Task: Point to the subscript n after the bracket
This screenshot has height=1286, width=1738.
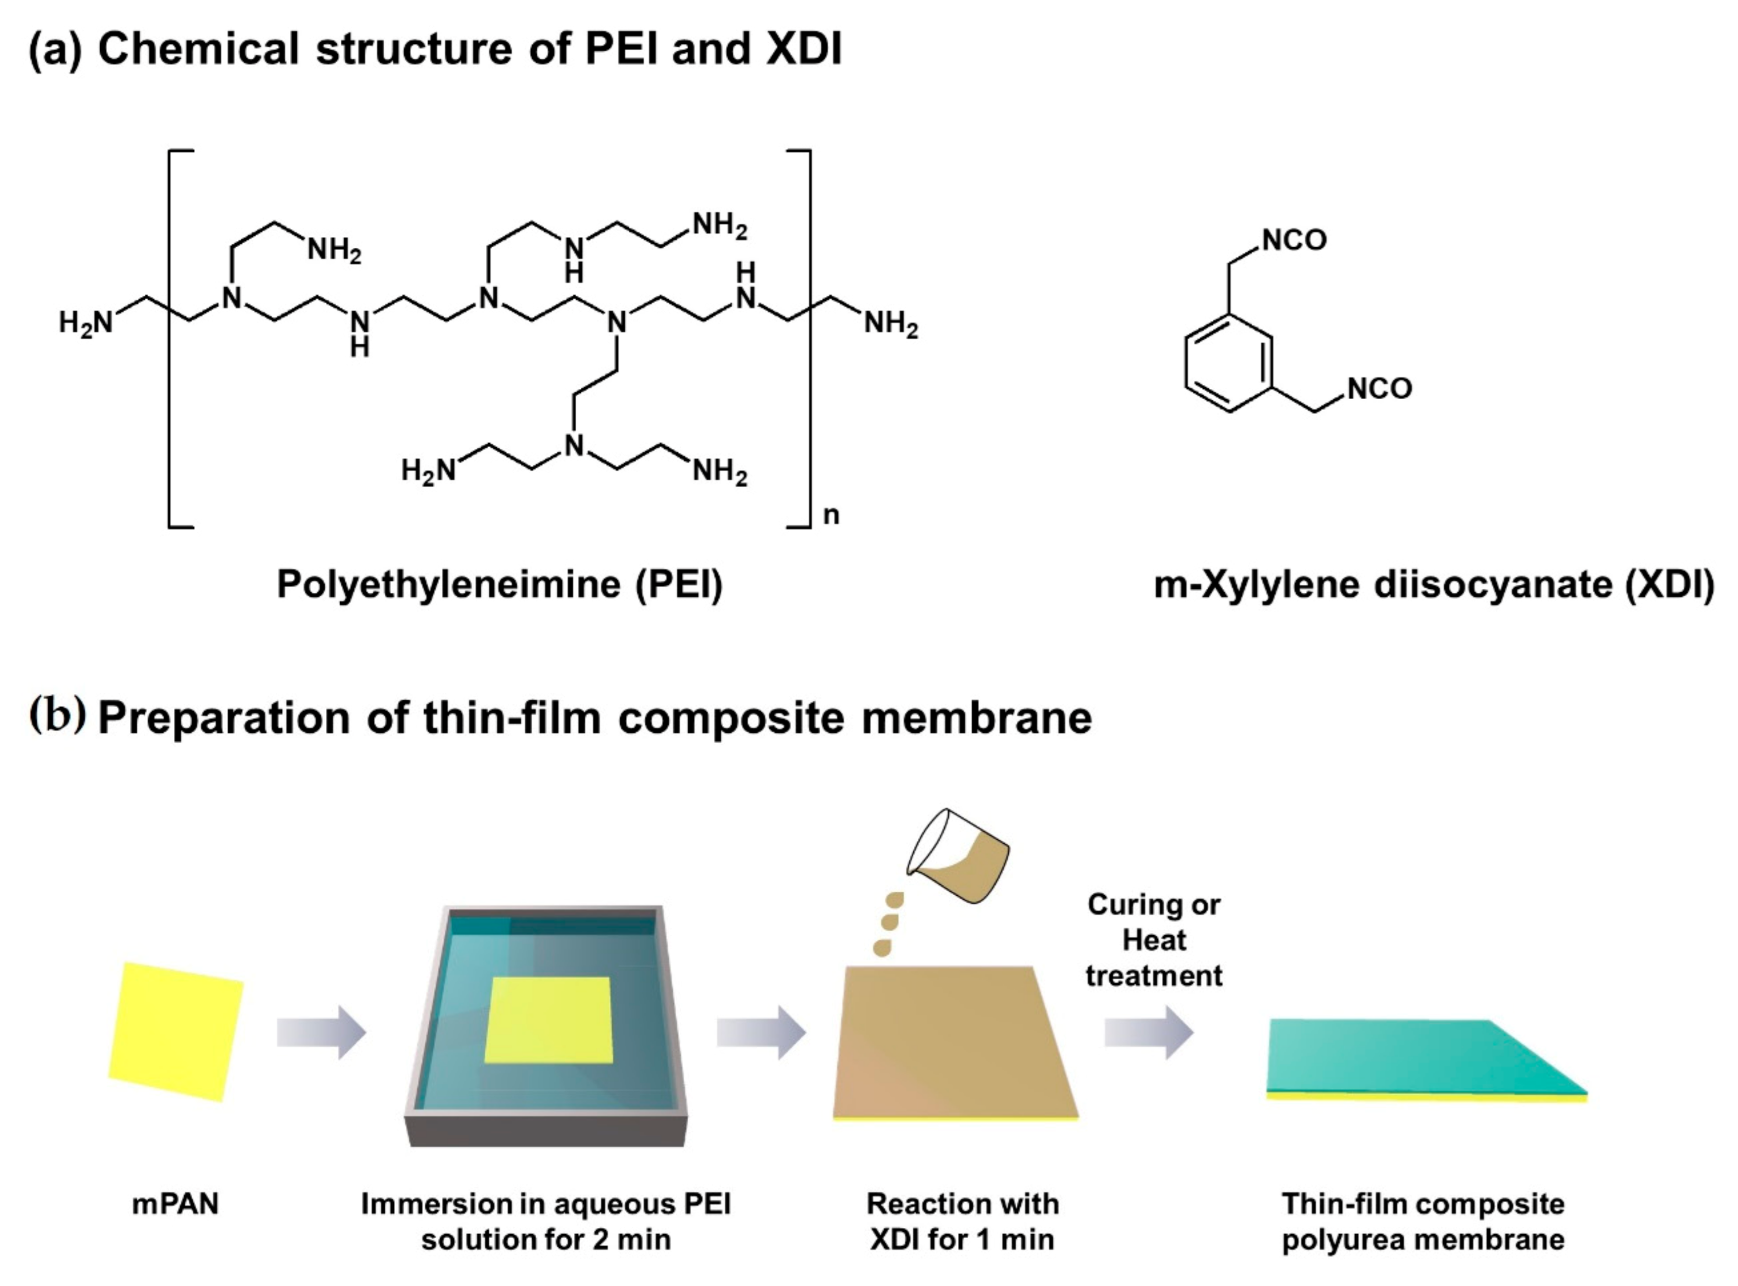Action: tap(831, 515)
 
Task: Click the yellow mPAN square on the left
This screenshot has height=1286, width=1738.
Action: tap(176, 1031)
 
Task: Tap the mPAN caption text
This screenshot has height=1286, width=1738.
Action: tap(175, 1204)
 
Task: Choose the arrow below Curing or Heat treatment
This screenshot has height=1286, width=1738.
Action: tap(1148, 1032)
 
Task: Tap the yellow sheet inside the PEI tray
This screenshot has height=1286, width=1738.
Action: tap(548, 1020)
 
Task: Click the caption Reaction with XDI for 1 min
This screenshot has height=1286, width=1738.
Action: tap(962, 1220)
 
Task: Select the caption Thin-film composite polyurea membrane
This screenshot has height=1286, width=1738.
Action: tap(1422, 1220)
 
